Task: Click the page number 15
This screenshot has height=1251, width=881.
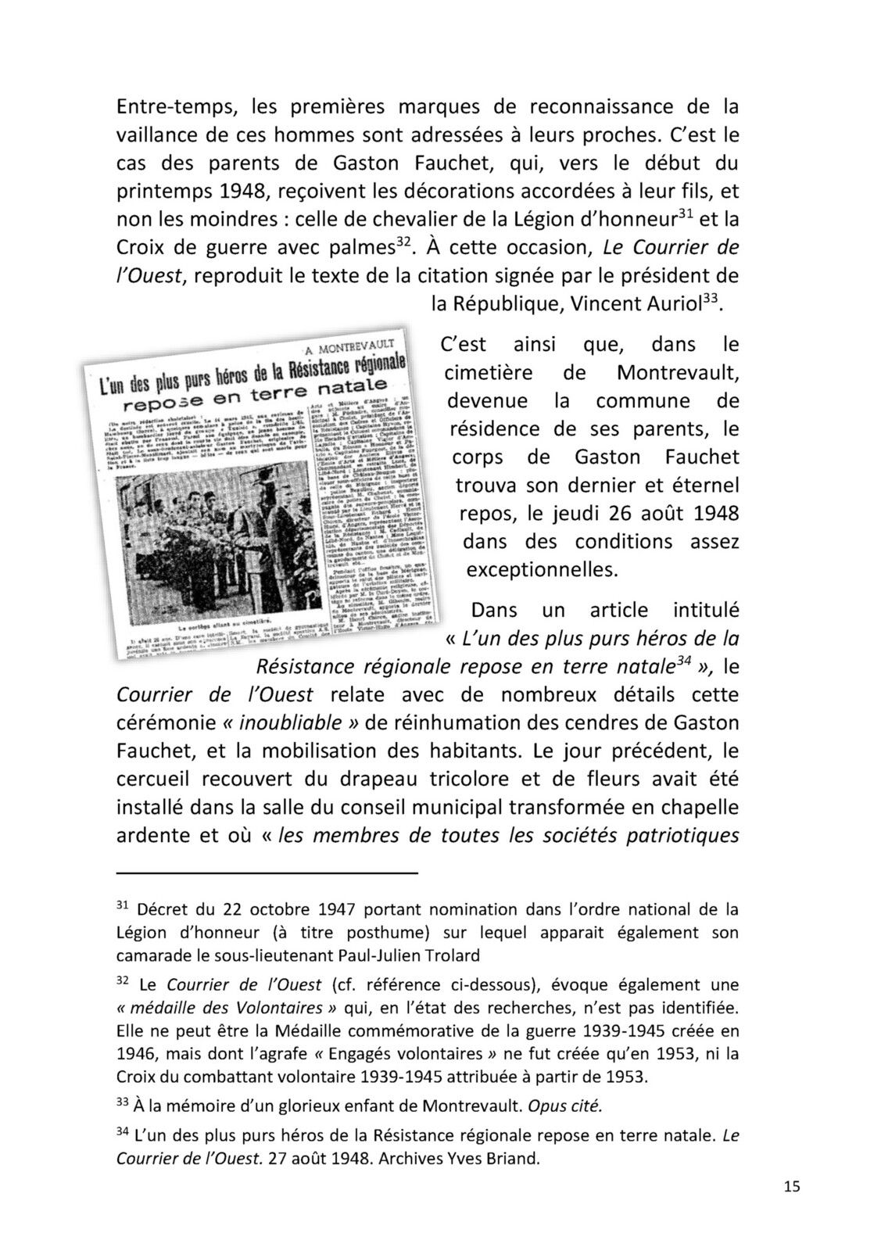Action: (x=791, y=1186)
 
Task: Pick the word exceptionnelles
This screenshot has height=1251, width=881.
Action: (x=543, y=569)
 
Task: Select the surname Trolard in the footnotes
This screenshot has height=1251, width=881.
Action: (x=452, y=955)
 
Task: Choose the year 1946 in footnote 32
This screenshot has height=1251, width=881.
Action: (x=135, y=1053)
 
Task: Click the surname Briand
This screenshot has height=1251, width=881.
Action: (x=516, y=1158)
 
